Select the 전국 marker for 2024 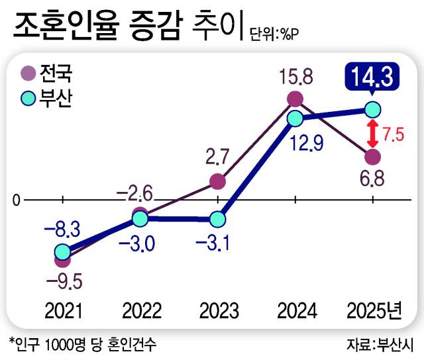tap(295, 100)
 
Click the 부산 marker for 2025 tap(373, 109)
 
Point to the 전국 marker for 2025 tap(373, 157)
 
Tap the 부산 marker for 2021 tap(62, 252)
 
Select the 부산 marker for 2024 tap(295, 118)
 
